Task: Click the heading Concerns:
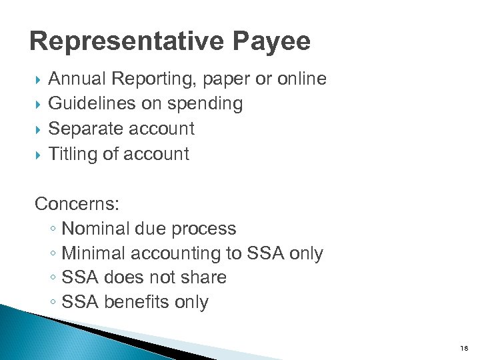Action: click(71, 203)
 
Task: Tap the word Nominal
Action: click(95, 229)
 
